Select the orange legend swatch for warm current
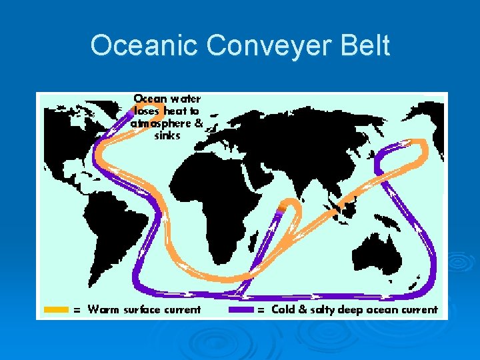click(56, 309)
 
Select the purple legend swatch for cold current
click(241, 309)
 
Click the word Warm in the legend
click(102, 309)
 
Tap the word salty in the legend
click(323, 309)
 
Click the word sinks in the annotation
click(167, 136)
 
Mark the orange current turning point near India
click(288, 203)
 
